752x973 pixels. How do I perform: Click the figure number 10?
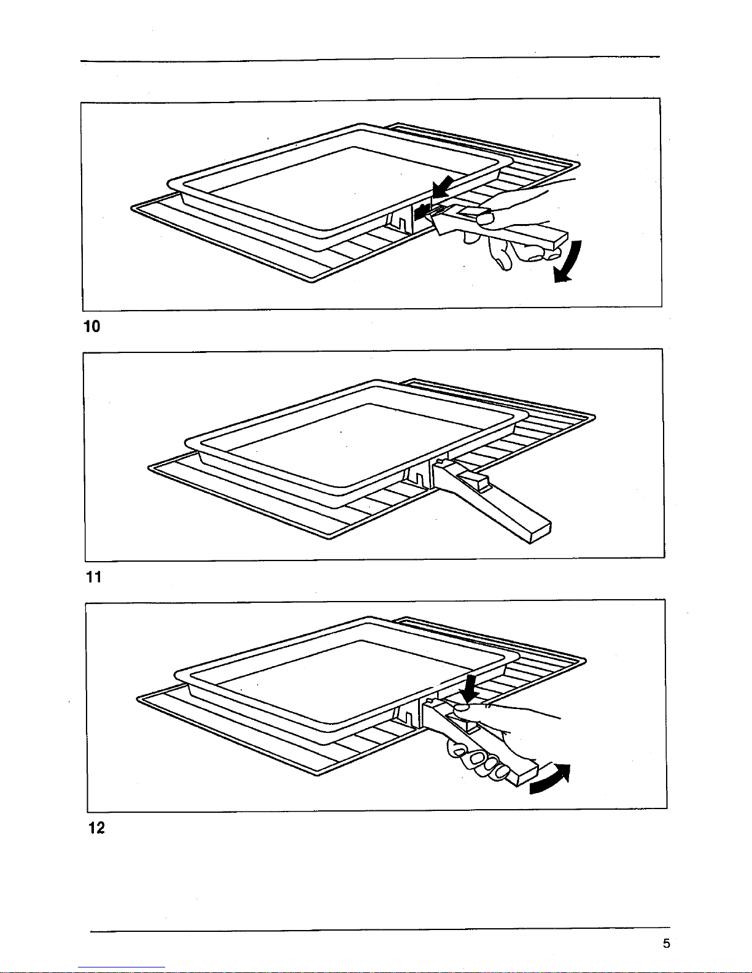[91, 326]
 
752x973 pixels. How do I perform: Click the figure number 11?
[93, 577]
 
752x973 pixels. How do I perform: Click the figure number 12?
[96, 828]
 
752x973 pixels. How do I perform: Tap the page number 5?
[666, 944]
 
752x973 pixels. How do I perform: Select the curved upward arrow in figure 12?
[551, 780]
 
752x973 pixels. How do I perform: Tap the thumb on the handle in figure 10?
[483, 217]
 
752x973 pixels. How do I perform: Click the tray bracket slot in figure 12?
[405, 714]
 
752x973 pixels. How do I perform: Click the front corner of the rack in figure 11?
[329, 537]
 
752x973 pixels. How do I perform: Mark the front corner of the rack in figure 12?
[316, 774]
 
